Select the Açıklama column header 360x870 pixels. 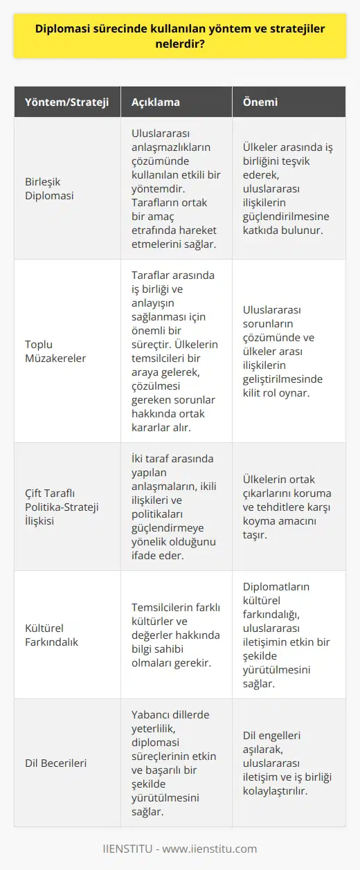coord(156,102)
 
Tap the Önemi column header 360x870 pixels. coord(260,102)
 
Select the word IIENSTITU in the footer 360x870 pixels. coord(129,849)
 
